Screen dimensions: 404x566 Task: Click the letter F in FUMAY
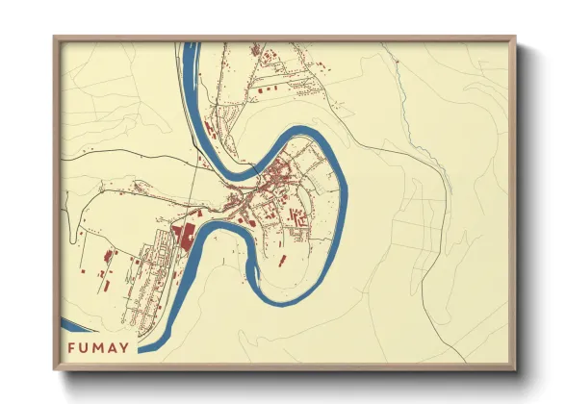click(72, 348)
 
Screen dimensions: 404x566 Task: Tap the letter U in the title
click(90, 348)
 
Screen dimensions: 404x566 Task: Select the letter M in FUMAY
click(108, 348)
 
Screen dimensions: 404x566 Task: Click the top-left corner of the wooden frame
click(55, 38)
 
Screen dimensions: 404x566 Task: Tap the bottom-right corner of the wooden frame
click(515, 369)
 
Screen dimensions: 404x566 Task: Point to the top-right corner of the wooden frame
click(515, 38)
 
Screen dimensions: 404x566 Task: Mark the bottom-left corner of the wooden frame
click(55, 369)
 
